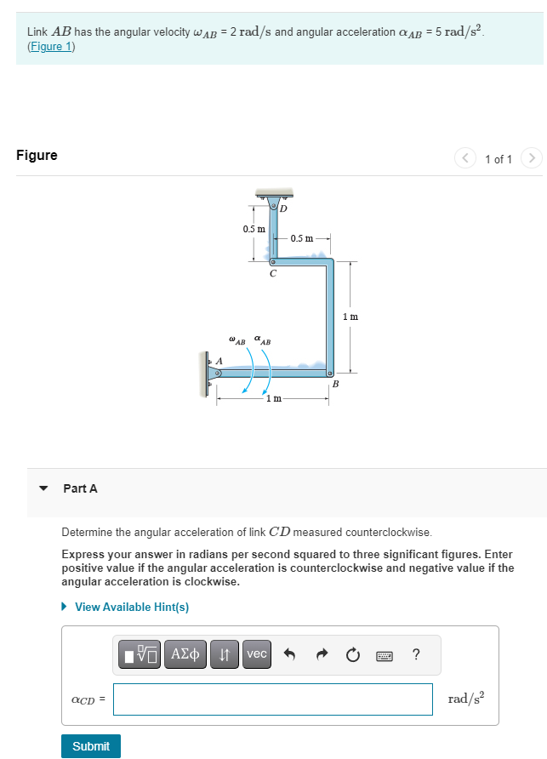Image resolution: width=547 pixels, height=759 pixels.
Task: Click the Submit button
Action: (x=91, y=745)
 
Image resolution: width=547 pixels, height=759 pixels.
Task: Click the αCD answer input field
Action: (x=272, y=699)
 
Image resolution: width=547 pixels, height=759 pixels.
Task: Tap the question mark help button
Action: (x=415, y=654)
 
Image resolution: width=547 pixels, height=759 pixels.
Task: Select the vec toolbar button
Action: (x=256, y=654)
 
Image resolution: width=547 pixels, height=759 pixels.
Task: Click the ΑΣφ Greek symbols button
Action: (x=184, y=654)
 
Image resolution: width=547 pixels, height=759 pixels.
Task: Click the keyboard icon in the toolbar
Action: (x=384, y=655)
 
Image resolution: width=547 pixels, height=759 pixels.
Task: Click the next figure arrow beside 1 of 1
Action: (x=531, y=158)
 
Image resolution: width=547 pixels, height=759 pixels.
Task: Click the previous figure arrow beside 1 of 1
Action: (x=465, y=158)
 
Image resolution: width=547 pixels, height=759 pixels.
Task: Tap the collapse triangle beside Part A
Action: (x=43, y=488)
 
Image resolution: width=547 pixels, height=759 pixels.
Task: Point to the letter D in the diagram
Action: (x=283, y=208)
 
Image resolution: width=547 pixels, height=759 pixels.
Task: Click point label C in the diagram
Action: (x=272, y=274)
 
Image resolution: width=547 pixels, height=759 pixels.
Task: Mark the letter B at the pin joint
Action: (x=335, y=384)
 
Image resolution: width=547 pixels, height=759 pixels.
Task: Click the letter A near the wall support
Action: (x=219, y=361)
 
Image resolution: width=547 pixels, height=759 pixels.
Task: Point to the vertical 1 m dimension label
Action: (x=350, y=317)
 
